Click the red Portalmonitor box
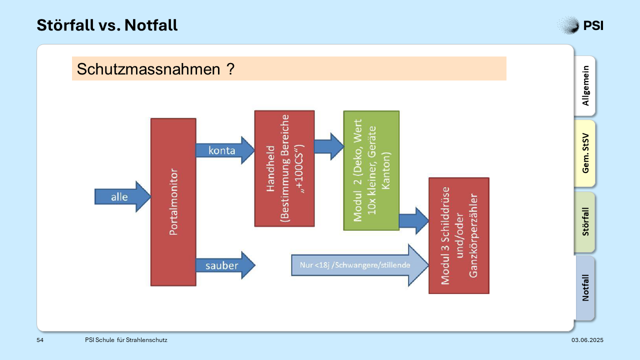click(173, 202)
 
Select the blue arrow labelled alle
click(122, 196)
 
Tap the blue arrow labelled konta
click(225, 150)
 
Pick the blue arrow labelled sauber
click(225, 265)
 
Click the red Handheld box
click(284, 168)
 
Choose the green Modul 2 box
click(371, 170)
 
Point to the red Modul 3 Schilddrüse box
click(459, 235)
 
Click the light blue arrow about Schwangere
click(360, 265)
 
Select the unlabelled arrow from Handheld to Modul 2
click(329, 146)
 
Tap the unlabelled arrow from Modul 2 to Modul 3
click(414, 220)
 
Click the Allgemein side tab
click(585, 85)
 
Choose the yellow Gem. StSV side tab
click(585, 153)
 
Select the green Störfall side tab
click(585, 222)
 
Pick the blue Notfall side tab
click(585, 287)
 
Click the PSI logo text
click(593, 25)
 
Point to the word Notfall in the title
click(151, 25)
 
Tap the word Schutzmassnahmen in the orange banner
click(148, 69)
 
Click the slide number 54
click(40, 340)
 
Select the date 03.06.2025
click(587, 340)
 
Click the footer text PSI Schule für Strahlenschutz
click(126, 340)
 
